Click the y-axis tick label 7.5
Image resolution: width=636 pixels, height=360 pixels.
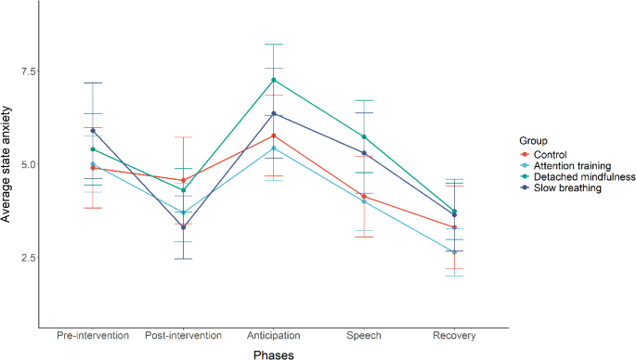pyautogui.click(x=22, y=71)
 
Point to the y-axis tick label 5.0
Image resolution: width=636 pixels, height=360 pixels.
pyautogui.click(x=22, y=164)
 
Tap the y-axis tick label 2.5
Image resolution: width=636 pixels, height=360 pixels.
pyautogui.click(x=22, y=257)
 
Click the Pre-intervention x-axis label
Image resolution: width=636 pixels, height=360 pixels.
pyautogui.click(x=92, y=335)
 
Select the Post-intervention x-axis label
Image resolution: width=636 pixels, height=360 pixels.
pyautogui.click(x=184, y=335)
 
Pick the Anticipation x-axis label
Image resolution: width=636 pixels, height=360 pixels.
pyautogui.click(x=273, y=335)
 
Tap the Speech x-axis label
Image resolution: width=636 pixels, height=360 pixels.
pyautogui.click(x=364, y=335)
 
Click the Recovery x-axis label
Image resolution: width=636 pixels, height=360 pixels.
pyautogui.click(x=454, y=335)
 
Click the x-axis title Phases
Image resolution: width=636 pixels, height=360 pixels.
pyautogui.click(x=273, y=353)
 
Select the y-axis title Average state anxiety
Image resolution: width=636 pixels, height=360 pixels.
pyautogui.click(x=8, y=164)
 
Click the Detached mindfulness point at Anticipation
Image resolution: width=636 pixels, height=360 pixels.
pyautogui.click(x=273, y=80)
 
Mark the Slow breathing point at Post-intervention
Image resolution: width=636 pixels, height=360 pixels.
pyautogui.click(x=184, y=226)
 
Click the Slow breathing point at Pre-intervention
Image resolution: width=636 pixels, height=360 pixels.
pyautogui.click(x=93, y=131)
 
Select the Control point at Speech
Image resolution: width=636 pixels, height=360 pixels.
pyautogui.click(x=364, y=197)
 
